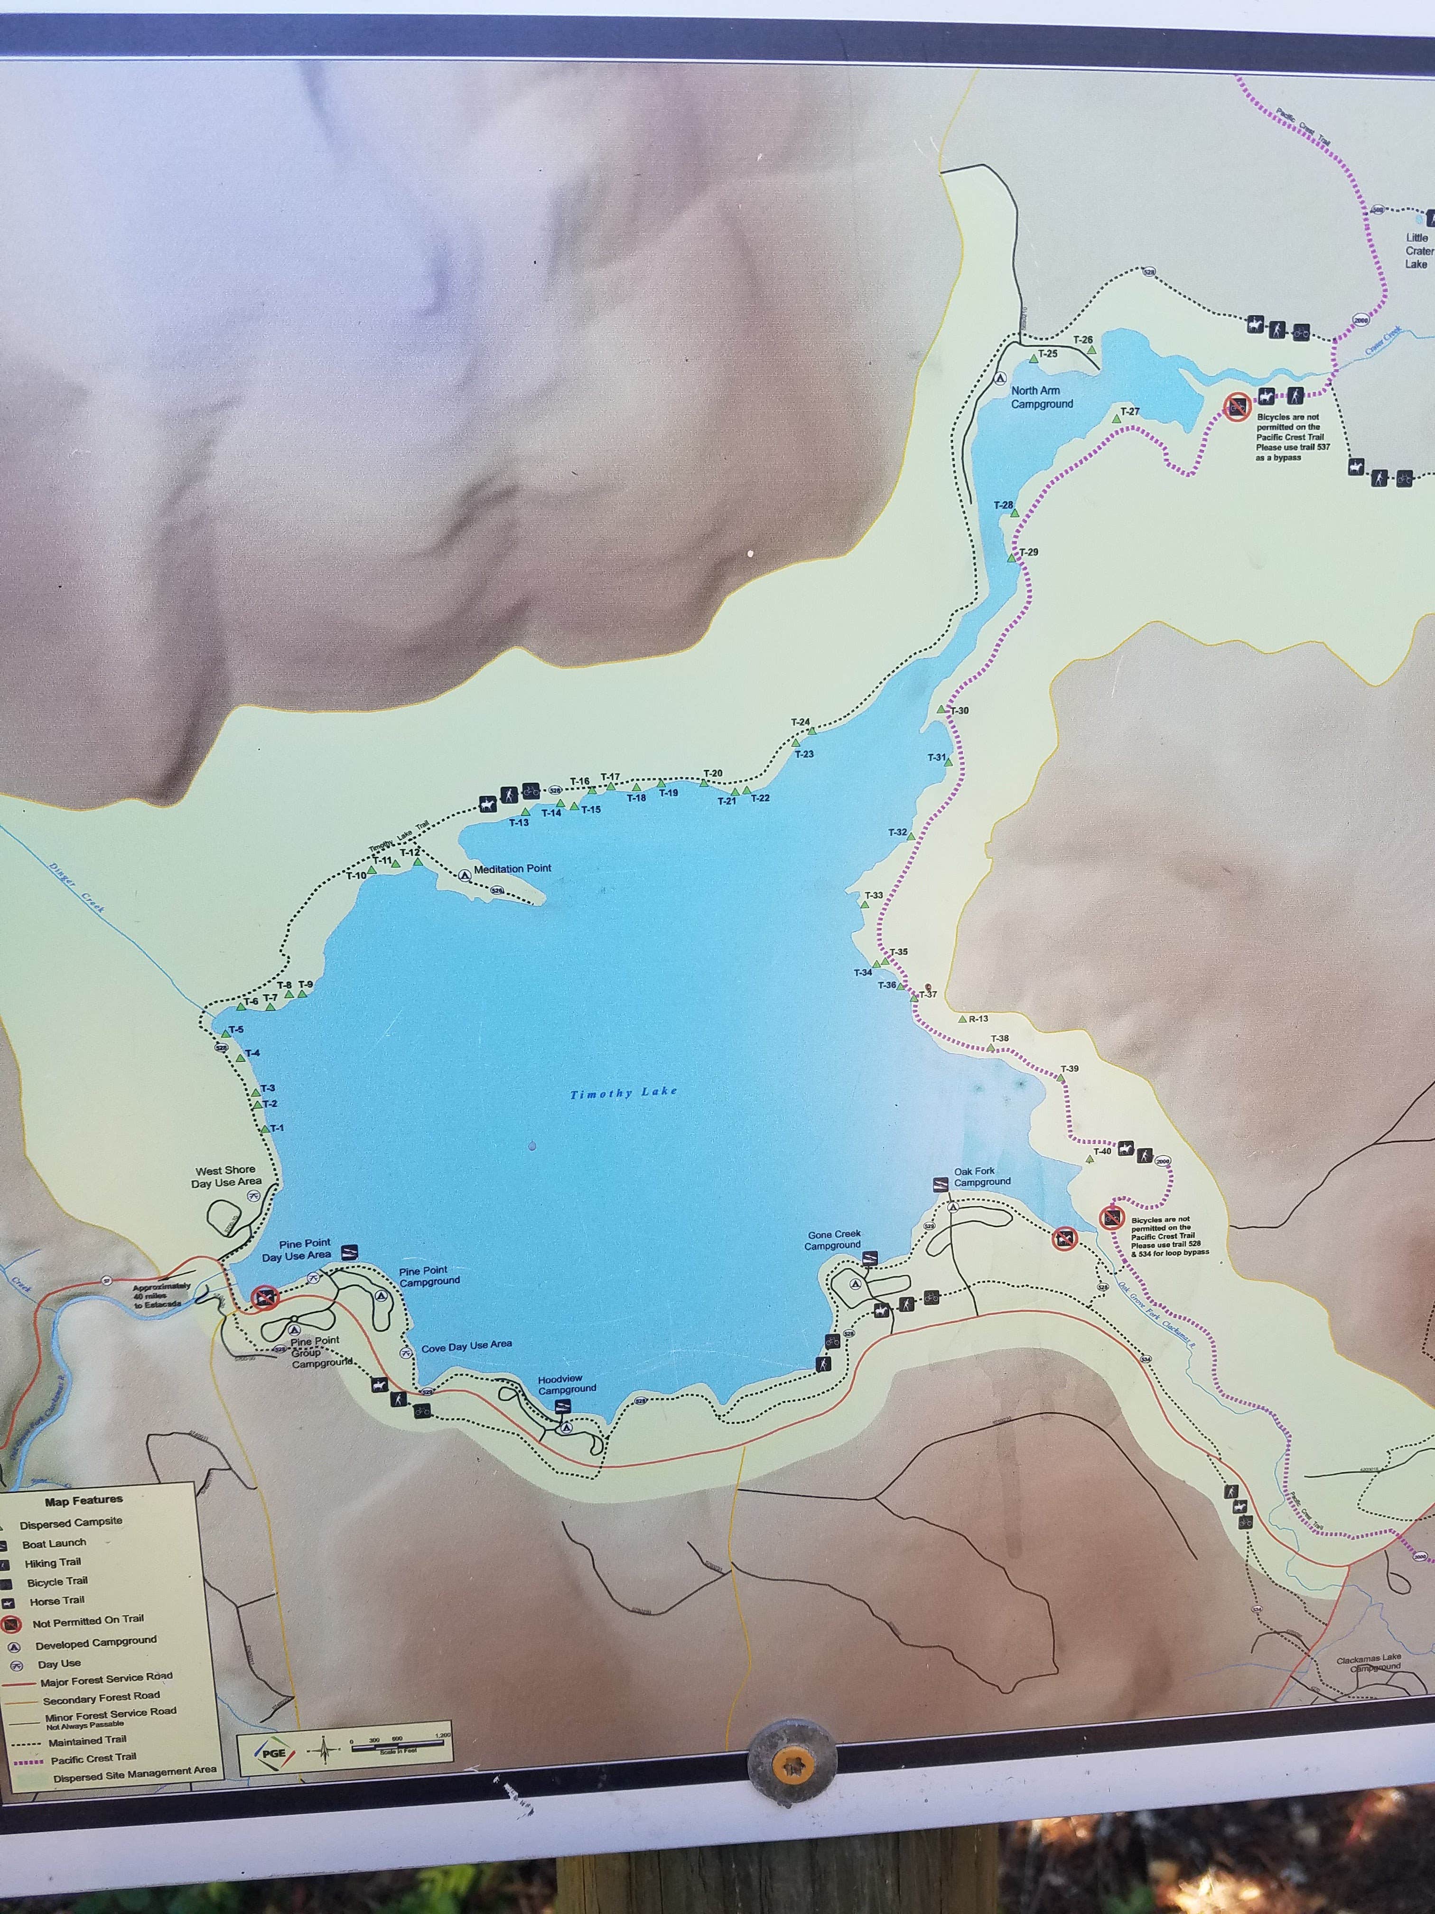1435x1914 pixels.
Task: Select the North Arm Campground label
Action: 1042,397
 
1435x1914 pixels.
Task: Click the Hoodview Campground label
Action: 567,1384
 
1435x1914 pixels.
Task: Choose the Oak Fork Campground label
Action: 982,1177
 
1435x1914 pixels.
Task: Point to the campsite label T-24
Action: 800,722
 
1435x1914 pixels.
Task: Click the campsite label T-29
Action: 1028,552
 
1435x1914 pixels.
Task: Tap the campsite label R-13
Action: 978,1018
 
